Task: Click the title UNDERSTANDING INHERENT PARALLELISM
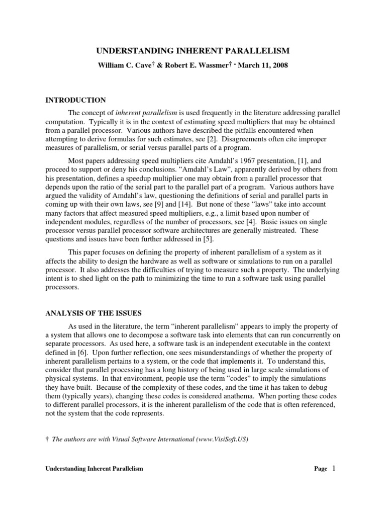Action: (x=192, y=51)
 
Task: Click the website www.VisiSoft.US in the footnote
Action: (x=223, y=439)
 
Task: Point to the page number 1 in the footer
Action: (x=332, y=468)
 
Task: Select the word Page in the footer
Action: (x=321, y=469)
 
